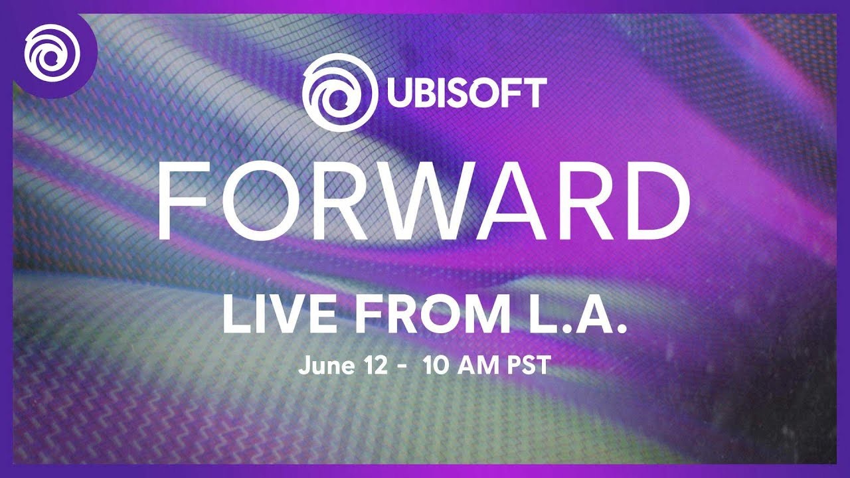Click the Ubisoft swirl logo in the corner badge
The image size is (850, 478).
tap(51, 51)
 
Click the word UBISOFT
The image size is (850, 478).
tap(463, 93)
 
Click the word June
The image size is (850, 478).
tap(322, 365)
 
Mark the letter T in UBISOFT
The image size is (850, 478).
tap(534, 93)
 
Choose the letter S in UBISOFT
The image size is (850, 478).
tap(451, 93)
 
